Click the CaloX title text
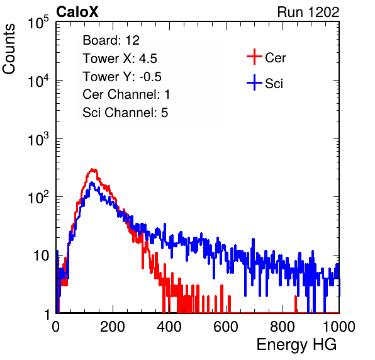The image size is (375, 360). click(77, 12)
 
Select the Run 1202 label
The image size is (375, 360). click(308, 12)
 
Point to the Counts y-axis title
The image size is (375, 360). click(9, 49)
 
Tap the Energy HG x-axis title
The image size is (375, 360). click(296, 345)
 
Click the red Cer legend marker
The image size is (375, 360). click(254, 57)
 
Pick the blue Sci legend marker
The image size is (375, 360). click(254, 82)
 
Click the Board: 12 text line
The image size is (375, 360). click(111, 40)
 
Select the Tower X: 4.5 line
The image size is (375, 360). click(120, 59)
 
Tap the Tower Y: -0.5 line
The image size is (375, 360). click(122, 77)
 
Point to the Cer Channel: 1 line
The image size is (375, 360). click(126, 94)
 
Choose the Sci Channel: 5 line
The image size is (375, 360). click(125, 113)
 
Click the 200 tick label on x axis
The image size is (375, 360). click(113, 327)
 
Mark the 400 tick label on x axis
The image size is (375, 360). click(169, 327)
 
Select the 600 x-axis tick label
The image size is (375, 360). click(226, 327)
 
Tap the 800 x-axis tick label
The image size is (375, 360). click(283, 327)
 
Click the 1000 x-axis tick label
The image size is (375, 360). click(339, 327)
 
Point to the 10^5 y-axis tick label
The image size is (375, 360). click(38, 22)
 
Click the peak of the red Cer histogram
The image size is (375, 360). click(92, 169)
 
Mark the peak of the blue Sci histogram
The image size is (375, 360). click(92, 183)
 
